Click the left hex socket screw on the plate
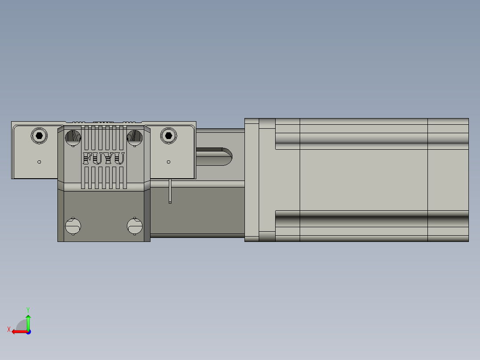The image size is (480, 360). [x=39, y=135]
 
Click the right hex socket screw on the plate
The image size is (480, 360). [x=168, y=135]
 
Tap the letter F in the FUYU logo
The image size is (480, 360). [x=88, y=159]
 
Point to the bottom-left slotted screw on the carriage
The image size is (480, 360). [x=72, y=226]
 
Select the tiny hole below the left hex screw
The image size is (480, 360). [x=39, y=162]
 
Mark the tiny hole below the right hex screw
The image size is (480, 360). [x=168, y=162]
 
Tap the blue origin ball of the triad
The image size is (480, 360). [x=28, y=331]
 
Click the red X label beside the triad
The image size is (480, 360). [x=9, y=329]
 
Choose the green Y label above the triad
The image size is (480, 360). [x=28, y=309]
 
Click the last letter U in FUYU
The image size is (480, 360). [x=119, y=159]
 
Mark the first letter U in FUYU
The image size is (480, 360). [x=98, y=159]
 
